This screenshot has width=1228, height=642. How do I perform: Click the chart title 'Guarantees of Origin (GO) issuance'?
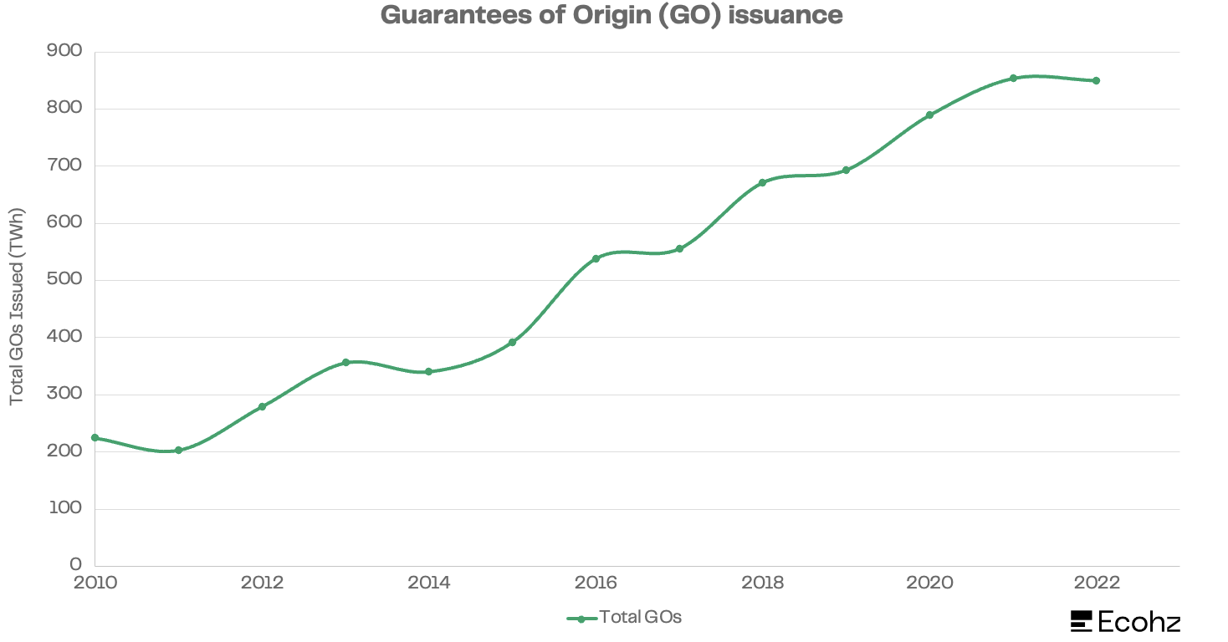[x=611, y=15]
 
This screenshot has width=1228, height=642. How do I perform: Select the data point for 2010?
[x=95, y=437]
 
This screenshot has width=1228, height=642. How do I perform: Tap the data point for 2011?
[x=178, y=450]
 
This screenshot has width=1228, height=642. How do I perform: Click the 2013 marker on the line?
[x=345, y=362]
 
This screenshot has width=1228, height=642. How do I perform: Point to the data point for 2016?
[x=596, y=258]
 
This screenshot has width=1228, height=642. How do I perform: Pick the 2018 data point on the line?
[x=762, y=182]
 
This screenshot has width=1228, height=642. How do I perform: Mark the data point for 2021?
[x=1013, y=78]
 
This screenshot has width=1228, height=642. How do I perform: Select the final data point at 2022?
[x=1096, y=80]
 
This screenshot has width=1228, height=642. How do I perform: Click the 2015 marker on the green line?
[x=512, y=342]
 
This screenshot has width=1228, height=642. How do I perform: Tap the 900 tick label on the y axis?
[x=65, y=52]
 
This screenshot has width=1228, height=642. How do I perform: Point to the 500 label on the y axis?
[x=65, y=280]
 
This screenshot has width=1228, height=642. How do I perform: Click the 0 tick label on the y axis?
[x=76, y=566]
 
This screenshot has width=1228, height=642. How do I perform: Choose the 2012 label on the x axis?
[x=262, y=583]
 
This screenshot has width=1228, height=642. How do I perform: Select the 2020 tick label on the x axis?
[x=929, y=583]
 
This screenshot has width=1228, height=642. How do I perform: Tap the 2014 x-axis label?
[x=429, y=583]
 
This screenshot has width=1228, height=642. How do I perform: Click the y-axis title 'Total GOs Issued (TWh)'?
[x=18, y=308]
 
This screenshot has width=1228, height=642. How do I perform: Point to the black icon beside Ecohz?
[x=1082, y=621]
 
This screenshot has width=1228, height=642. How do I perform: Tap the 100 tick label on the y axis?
[x=65, y=509]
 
